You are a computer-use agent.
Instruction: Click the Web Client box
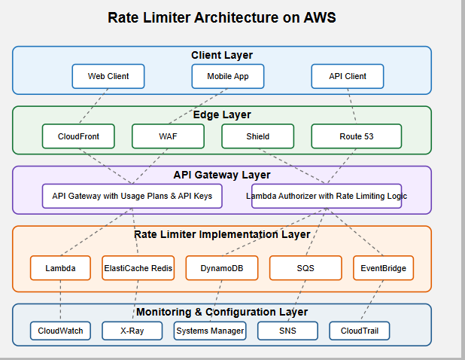tap(108, 76)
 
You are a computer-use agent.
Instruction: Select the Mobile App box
tap(228, 76)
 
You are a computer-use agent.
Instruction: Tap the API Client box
tap(348, 76)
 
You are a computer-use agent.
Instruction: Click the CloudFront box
tap(78, 136)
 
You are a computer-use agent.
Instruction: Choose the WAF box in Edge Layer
tap(168, 136)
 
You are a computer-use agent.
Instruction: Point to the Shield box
tap(257, 136)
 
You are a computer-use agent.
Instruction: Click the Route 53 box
tap(347, 136)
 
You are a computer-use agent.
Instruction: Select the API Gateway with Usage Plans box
tap(132, 196)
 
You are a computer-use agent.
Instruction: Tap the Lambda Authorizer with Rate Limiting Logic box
tap(326, 196)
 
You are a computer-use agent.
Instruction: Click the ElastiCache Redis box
tap(138, 268)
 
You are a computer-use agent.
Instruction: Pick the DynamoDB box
tap(221, 268)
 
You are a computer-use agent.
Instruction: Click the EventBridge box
tap(383, 268)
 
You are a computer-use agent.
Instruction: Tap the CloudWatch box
tap(61, 331)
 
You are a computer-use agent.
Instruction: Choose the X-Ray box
tap(132, 331)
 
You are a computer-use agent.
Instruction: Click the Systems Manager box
tap(210, 331)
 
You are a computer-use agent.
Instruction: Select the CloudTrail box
tap(360, 331)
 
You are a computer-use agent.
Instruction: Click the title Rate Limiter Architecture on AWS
tap(222, 18)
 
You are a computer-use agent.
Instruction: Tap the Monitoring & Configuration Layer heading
tap(222, 312)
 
